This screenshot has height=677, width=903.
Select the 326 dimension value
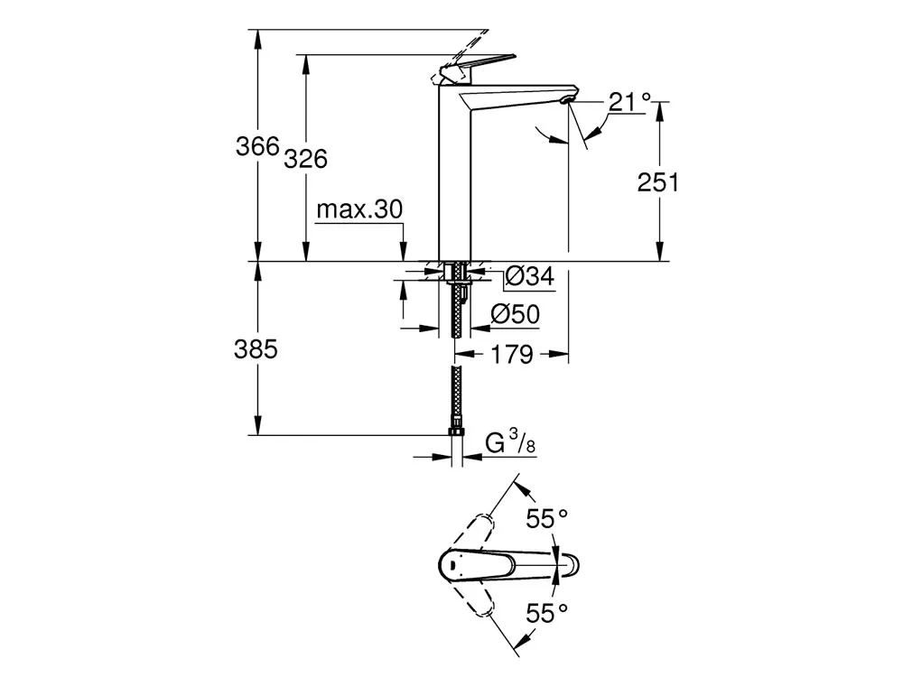pos(305,159)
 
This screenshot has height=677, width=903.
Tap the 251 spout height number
pos(658,182)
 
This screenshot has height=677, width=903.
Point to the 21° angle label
pos(628,102)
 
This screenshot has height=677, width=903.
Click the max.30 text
pos(359,209)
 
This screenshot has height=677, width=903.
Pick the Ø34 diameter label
pos(528,277)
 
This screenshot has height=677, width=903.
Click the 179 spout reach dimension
pos(513,355)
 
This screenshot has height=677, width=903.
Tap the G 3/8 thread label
pos(510,444)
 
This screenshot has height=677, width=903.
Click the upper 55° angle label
pos(547,518)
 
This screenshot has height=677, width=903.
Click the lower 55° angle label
pos(547,614)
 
